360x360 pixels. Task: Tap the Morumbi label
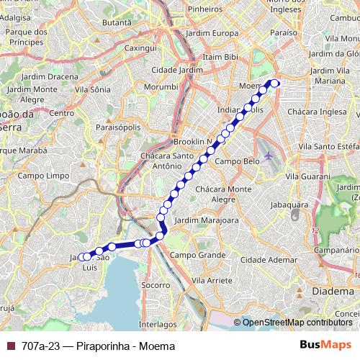[162, 86]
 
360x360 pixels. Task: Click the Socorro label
[156, 285]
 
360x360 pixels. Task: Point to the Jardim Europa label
[211, 34]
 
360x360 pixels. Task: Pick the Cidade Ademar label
[266, 259]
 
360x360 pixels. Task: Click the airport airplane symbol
[269, 156]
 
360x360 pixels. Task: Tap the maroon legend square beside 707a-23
[10, 346]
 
